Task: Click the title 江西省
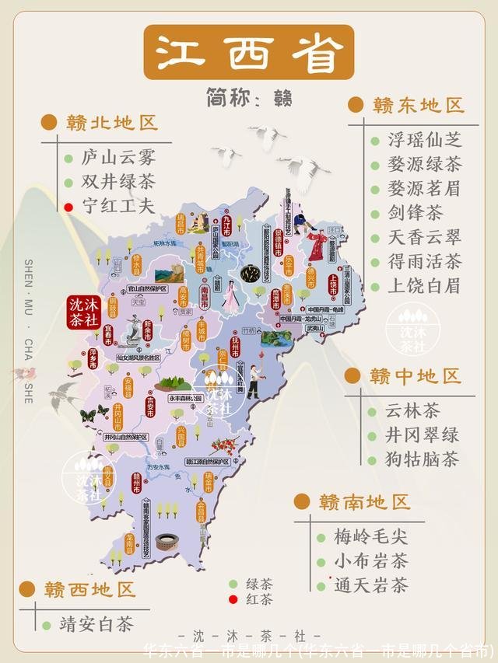[x=249, y=52]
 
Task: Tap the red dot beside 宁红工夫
[x=68, y=208]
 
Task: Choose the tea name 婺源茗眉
[x=424, y=189]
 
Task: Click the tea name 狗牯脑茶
[x=422, y=459]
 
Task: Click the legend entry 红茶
[x=259, y=600]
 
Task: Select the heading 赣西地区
[x=89, y=589]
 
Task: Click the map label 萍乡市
[x=92, y=358]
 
